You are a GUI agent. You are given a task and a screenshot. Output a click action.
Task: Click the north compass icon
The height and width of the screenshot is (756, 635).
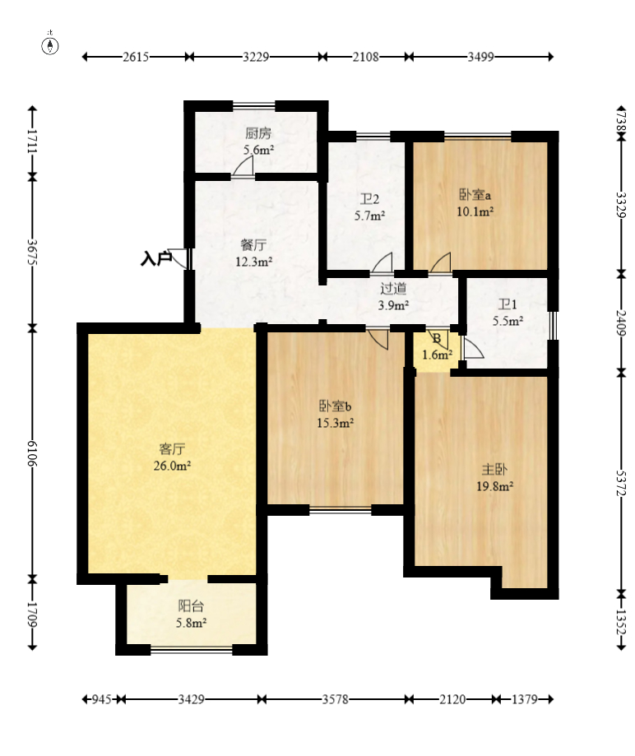pyautogui.click(x=50, y=45)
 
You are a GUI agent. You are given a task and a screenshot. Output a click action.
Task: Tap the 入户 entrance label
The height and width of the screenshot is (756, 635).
pyautogui.click(x=155, y=258)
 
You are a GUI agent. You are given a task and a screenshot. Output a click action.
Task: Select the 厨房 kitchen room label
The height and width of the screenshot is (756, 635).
pyautogui.click(x=258, y=133)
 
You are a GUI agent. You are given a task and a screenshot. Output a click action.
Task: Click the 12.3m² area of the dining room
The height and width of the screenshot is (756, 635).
pyautogui.click(x=253, y=262)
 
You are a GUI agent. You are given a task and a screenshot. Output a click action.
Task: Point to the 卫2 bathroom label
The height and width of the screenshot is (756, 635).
pyautogui.click(x=369, y=198)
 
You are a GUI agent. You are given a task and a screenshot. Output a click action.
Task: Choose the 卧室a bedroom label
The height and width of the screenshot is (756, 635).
pyautogui.click(x=475, y=195)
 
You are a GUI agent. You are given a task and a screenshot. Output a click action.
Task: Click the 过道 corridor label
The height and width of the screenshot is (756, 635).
pyautogui.click(x=393, y=288)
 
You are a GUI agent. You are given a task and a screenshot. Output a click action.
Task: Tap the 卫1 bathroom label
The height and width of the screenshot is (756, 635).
pyautogui.click(x=508, y=304)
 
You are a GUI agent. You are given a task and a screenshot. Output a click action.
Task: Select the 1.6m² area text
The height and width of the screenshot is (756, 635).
pyautogui.click(x=437, y=355)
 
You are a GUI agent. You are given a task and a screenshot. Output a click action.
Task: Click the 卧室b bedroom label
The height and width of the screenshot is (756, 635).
pyautogui.click(x=335, y=406)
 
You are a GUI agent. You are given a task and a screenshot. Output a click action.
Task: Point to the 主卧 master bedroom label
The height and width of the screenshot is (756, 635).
pyautogui.click(x=494, y=469)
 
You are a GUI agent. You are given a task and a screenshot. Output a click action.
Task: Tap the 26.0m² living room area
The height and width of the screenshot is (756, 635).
pyautogui.click(x=172, y=466)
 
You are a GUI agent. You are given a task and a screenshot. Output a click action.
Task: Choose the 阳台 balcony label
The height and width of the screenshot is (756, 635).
pyautogui.click(x=191, y=605)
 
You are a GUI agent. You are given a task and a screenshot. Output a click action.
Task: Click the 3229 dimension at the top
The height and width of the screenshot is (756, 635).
pyautogui.click(x=256, y=57)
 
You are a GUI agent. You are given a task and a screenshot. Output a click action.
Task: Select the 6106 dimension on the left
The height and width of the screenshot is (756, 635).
pyautogui.click(x=32, y=453)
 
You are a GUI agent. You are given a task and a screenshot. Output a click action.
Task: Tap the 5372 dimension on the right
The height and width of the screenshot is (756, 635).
pyautogui.click(x=621, y=483)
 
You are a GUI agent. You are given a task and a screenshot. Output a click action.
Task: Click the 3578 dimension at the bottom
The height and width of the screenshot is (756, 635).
pyautogui.click(x=335, y=699)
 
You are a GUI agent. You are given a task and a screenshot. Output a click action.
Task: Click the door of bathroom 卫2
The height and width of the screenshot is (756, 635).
pyautogui.click(x=382, y=262)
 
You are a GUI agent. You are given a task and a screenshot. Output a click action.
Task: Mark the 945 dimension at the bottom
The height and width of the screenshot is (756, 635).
pyautogui.click(x=102, y=699)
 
